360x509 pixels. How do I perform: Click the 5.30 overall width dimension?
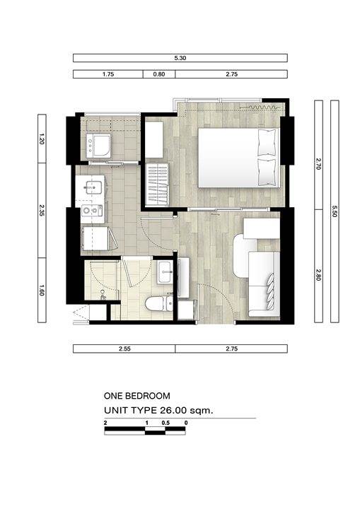(x=180, y=58)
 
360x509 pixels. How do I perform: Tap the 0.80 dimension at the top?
(x=159, y=74)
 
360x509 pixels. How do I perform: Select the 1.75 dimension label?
(x=108, y=74)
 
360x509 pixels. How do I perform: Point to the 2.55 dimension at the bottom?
(x=124, y=349)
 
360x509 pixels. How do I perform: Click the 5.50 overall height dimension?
(x=335, y=211)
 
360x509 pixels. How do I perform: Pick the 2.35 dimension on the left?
(x=42, y=210)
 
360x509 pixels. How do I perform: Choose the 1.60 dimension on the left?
(x=42, y=290)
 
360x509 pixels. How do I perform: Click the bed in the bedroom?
(x=238, y=158)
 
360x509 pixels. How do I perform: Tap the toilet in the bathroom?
(x=159, y=303)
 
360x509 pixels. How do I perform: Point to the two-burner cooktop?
(x=92, y=211)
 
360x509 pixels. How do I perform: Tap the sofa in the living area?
(x=257, y=274)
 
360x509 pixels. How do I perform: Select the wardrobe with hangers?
(x=157, y=185)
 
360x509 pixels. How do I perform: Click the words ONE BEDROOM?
(x=137, y=396)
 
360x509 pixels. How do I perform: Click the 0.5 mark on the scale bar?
(x=166, y=423)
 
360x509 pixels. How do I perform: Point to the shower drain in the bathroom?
(x=103, y=292)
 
